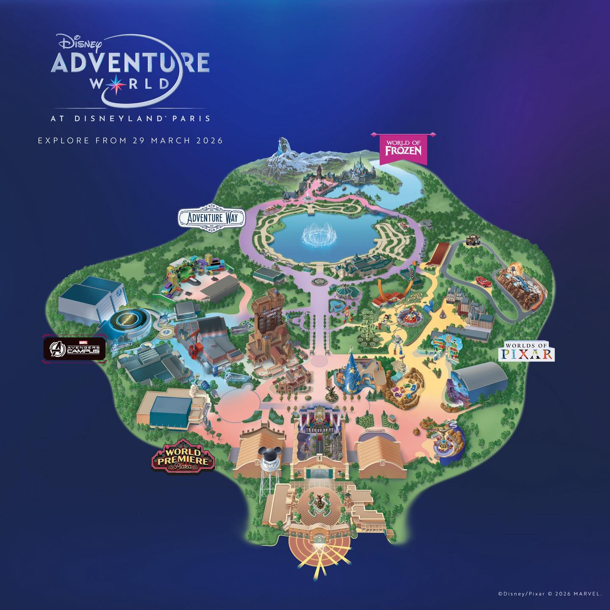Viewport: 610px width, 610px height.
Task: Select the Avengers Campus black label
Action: (x=75, y=349)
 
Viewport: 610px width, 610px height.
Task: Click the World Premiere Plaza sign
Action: (x=183, y=456)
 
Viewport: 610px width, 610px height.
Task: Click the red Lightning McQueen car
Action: (x=482, y=280)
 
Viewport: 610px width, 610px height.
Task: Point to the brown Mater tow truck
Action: (x=473, y=240)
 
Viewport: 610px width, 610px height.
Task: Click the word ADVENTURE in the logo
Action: (x=130, y=63)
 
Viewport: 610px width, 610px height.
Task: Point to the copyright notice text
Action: (x=549, y=594)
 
